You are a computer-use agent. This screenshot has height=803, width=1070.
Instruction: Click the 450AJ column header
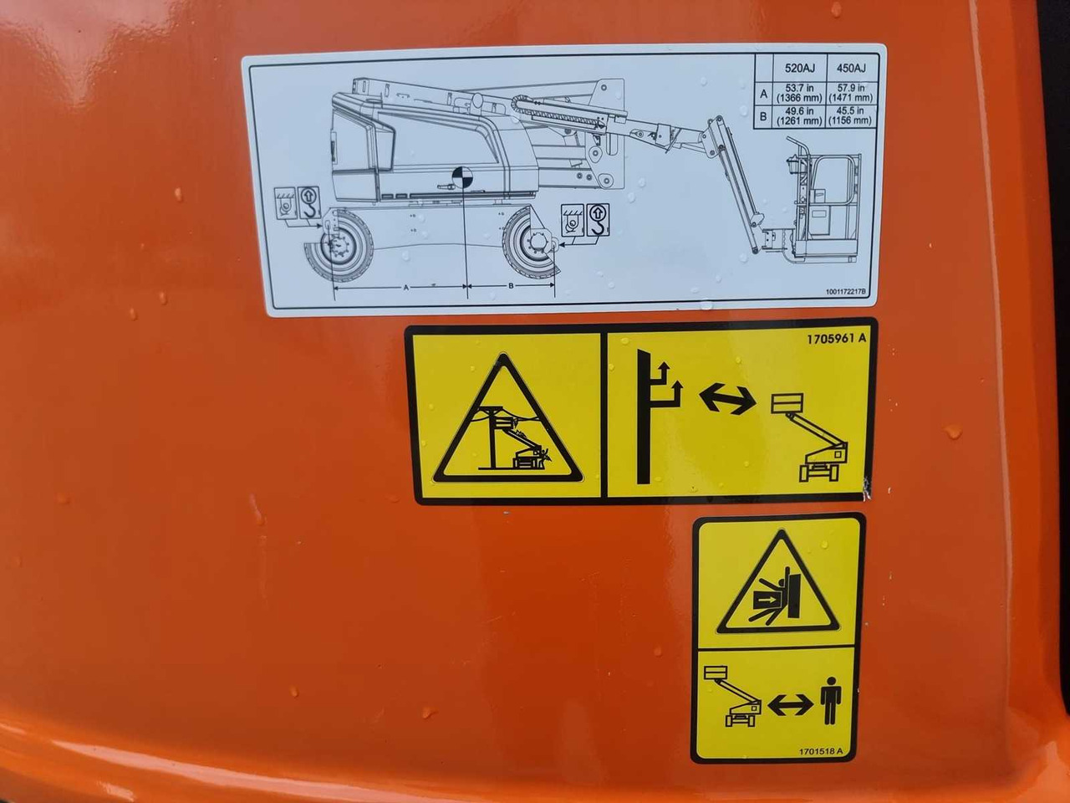coord(850,69)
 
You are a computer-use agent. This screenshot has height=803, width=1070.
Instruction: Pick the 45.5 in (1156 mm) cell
coord(850,116)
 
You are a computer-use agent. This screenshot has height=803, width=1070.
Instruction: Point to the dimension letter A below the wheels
coord(405,287)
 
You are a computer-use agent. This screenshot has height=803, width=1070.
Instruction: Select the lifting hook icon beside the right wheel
coord(597,221)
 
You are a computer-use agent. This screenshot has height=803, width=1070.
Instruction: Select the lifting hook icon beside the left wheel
coord(308,200)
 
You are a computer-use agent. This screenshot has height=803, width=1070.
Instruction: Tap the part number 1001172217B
coord(846,293)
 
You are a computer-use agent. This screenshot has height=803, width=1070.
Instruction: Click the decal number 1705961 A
coord(837,340)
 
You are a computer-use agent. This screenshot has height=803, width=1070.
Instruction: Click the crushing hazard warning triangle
coord(777,584)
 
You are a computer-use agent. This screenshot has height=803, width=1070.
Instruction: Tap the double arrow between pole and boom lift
coord(726,398)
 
